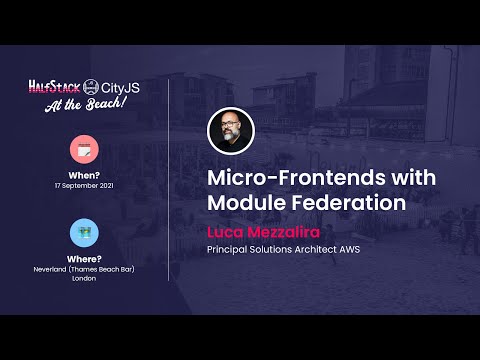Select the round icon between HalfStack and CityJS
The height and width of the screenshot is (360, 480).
(x=92, y=88)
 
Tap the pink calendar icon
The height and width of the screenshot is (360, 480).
(x=84, y=149)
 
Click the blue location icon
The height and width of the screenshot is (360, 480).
(x=84, y=232)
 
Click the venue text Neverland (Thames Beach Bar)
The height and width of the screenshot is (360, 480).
(x=84, y=269)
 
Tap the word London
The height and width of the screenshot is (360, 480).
(x=84, y=279)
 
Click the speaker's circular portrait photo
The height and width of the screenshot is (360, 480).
(x=230, y=131)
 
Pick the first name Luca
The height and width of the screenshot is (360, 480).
(x=226, y=231)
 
